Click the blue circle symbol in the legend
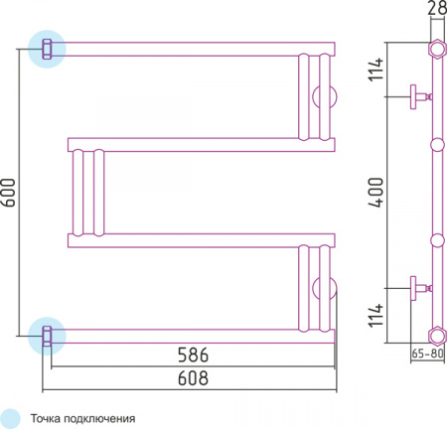(x=11, y=418)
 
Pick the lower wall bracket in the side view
(x=417, y=288)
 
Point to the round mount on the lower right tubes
(x=325, y=288)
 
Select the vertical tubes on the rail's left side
(x=85, y=193)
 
